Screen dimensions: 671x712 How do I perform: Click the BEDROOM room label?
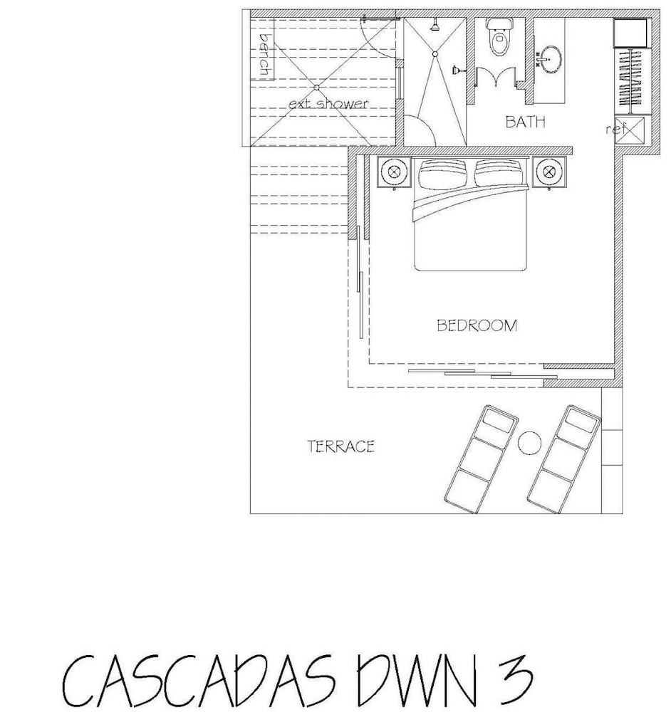point(477,325)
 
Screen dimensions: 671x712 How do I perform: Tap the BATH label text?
point(525,122)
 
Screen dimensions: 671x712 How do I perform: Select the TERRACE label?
point(340,446)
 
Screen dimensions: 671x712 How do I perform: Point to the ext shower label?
point(328,104)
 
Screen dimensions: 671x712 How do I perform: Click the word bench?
point(264,55)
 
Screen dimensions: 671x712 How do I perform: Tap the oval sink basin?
point(551,60)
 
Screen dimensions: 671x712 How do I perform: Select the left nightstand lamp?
point(395,172)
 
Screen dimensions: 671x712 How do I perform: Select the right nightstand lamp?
point(549,172)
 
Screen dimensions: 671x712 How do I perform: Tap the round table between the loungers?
point(530,443)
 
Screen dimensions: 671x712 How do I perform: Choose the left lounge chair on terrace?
point(481,459)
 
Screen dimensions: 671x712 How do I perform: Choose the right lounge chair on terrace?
point(563,459)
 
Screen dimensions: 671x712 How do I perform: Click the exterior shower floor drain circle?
point(317,87)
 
